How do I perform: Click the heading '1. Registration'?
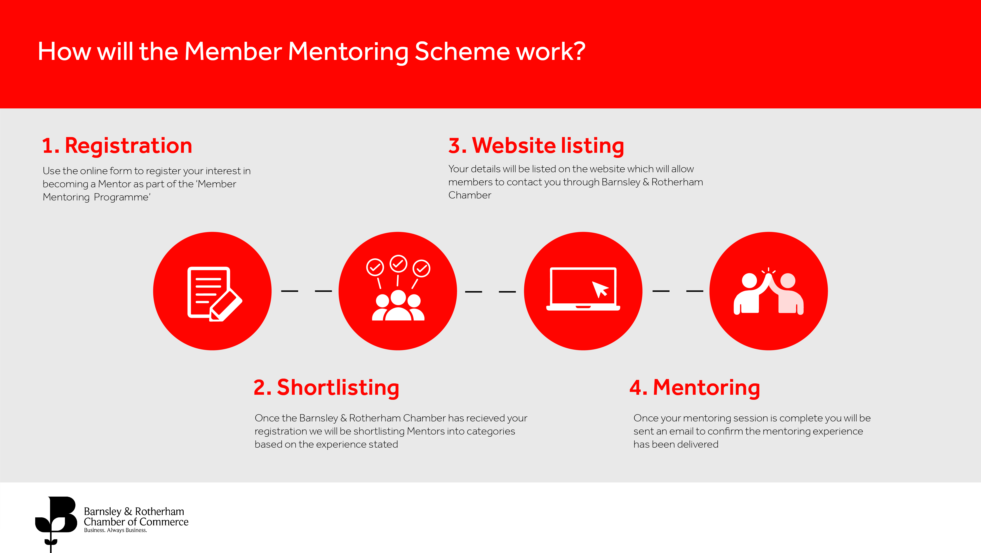(x=117, y=146)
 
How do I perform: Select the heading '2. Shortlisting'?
(x=326, y=388)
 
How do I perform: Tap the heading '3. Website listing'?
(x=536, y=146)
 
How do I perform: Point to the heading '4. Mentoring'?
(x=695, y=388)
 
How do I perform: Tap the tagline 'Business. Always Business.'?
(x=115, y=530)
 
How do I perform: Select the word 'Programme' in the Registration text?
(x=122, y=197)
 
